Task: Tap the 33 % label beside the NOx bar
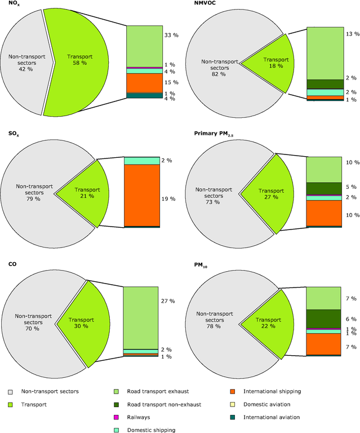click(171, 35)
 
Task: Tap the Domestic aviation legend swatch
click(233, 404)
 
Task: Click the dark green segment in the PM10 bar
click(323, 318)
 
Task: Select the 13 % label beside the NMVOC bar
click(352, 34)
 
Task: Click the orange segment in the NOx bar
click(143, 82)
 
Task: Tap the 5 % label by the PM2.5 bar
click(352, 187)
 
